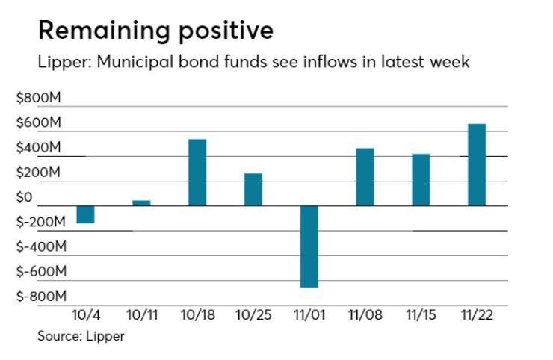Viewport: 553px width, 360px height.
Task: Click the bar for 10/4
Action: pos(85,214)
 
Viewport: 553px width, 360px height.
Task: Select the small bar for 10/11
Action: pos(141,202)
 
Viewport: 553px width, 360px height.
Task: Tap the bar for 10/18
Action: pos(197,173)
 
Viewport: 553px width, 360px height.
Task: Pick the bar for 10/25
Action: pos(253,190)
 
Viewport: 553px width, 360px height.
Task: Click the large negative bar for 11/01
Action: pos(309,246)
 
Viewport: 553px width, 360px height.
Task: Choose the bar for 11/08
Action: pos(365,177)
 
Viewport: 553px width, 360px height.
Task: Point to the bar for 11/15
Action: pos(421,180)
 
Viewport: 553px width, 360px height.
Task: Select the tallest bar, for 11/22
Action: pos(477,164)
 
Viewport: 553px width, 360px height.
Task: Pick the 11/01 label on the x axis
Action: pos(309,315)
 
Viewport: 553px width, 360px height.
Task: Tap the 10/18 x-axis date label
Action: pos(197,315)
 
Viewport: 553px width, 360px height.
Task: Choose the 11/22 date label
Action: pos(477,315)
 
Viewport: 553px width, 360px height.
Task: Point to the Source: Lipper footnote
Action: pos(81,336)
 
